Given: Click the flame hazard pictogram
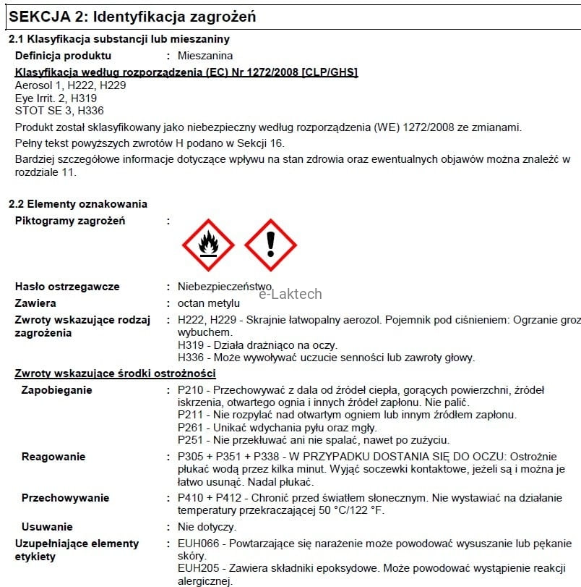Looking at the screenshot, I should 209,245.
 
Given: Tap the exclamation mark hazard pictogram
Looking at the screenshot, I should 270,245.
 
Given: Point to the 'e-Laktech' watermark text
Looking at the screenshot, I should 290,294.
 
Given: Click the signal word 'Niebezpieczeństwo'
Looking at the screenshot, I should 224,287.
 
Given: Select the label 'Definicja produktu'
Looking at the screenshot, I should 64,56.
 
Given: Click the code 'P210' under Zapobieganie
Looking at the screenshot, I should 189,391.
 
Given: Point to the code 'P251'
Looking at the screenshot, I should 189,439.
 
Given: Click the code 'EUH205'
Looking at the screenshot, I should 195,568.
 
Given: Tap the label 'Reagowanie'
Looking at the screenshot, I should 53,457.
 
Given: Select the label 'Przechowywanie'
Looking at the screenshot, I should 65,498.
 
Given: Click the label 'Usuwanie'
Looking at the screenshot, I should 47,527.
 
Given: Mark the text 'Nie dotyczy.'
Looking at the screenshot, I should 207,527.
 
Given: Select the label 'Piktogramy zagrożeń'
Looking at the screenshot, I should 70,221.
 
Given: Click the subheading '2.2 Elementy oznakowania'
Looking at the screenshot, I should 77,204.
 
